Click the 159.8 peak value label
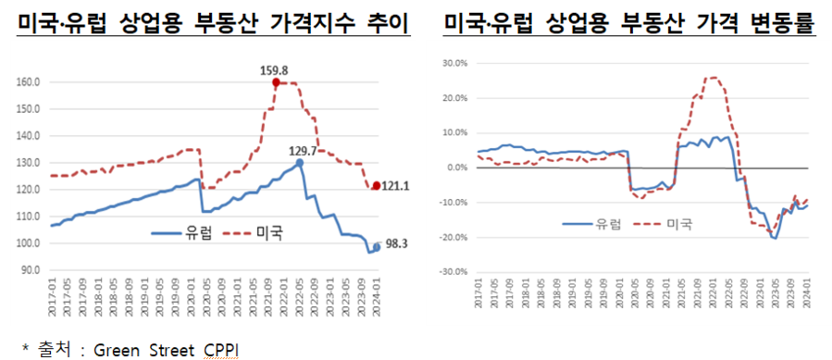[x=277, y=68]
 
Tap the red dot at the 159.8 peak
[x=276, y=82]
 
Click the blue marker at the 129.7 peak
[x=300, y=163]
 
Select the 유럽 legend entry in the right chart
[x=606, y=223]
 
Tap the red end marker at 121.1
[x=376, y=186]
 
